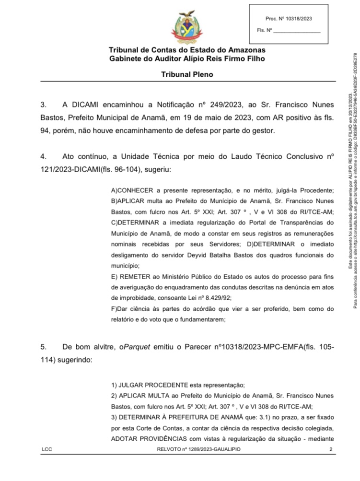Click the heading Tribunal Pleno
pos(187,75)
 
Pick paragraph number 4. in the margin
pos(43,156)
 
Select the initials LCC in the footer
pos(47,463)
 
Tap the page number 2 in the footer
pos(331,463)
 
